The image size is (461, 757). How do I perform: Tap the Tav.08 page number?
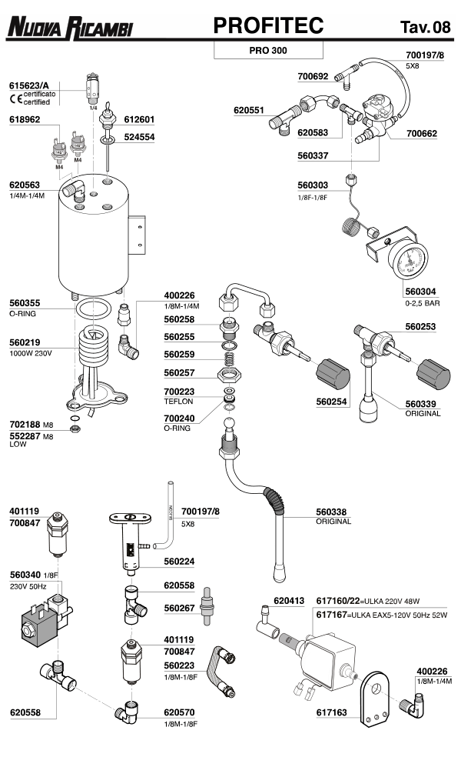[425, 28]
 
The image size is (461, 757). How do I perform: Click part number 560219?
[28, 343]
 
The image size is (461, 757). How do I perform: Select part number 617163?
[334, 712]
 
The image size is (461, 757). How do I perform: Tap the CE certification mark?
[15, 98]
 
